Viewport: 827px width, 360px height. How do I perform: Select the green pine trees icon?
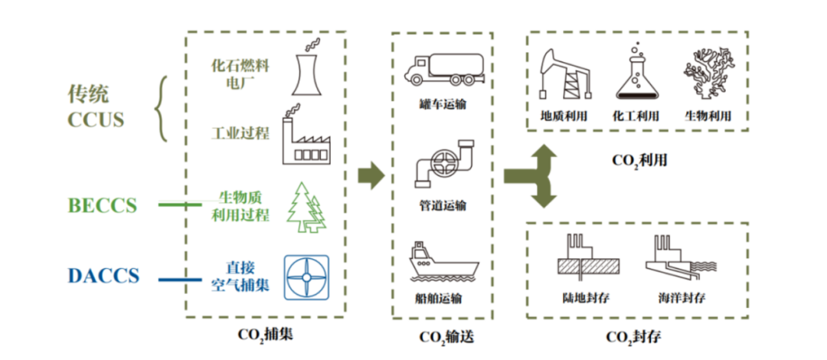[306, 206]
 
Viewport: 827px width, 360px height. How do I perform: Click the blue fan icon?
[306, 277]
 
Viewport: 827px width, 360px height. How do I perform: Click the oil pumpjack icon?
[564, 76]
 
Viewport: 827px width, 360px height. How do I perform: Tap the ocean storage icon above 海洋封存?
[681, 256]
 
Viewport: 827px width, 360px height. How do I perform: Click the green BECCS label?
[103, 205]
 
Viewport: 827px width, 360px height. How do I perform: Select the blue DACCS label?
[103, 276]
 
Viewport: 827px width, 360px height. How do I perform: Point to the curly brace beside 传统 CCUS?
[161, 108]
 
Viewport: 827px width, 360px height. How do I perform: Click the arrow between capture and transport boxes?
[371, 175]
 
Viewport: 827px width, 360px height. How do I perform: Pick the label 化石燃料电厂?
[240, 74]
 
